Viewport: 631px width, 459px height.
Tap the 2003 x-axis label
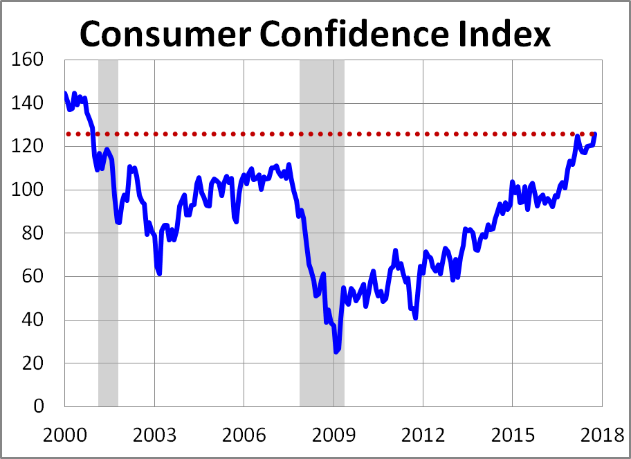(154, 436)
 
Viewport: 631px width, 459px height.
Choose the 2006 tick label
(244, 436)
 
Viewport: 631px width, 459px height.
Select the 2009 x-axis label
(333, 436)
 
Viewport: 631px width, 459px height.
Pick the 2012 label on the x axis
(423, 436)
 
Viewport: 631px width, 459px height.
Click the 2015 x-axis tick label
(512, 436)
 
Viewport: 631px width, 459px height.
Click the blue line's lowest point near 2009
(336, 352)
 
